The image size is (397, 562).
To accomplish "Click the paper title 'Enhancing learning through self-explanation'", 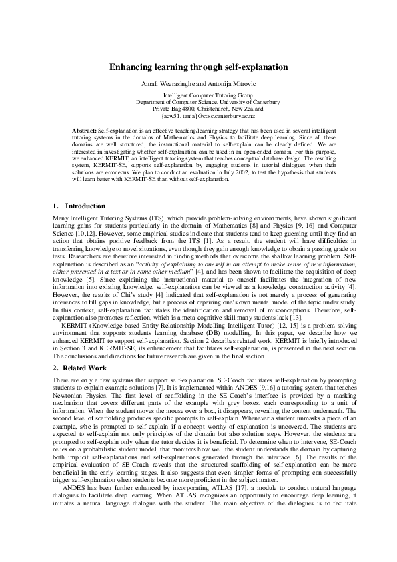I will coord(198,67).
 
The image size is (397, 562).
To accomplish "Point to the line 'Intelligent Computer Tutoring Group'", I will coord(198,95).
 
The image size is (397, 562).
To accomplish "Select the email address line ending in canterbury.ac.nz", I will coord(198,115).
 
